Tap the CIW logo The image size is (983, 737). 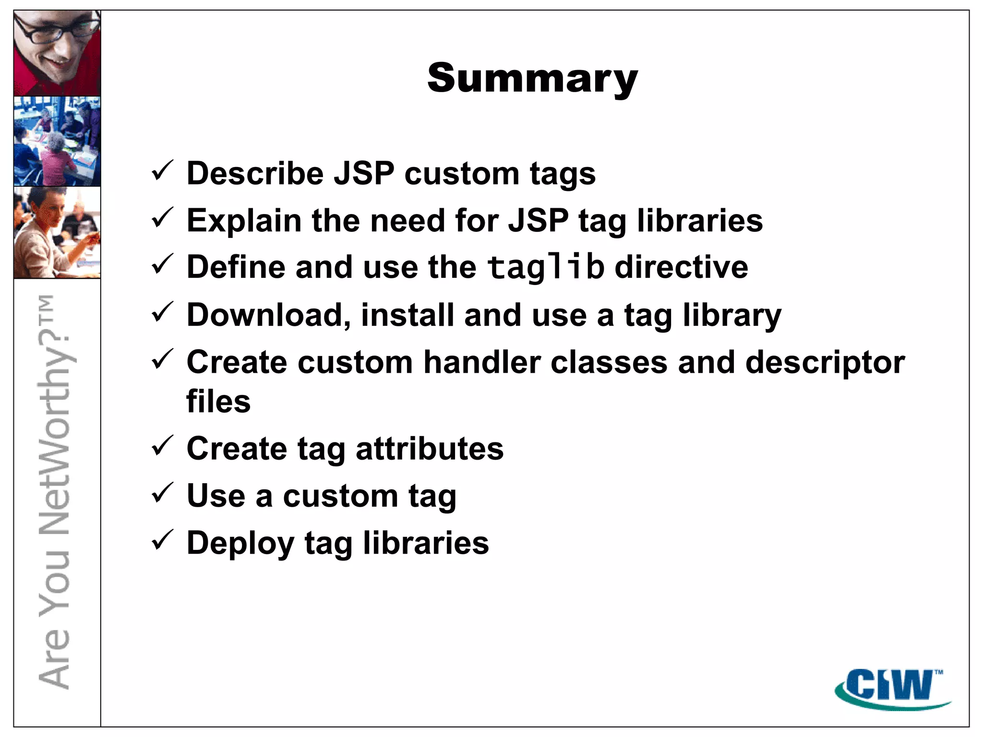(893, 689)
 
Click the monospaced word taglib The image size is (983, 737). (545, 267)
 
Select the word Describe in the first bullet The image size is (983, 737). (255, 173)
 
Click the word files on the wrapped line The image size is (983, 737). (218, 402)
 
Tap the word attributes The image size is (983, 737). (430, 449)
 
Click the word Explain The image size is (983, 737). (244, 221)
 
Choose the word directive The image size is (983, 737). (681, 267)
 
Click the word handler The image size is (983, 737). (482, 362)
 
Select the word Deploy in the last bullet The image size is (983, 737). (240, 544)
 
